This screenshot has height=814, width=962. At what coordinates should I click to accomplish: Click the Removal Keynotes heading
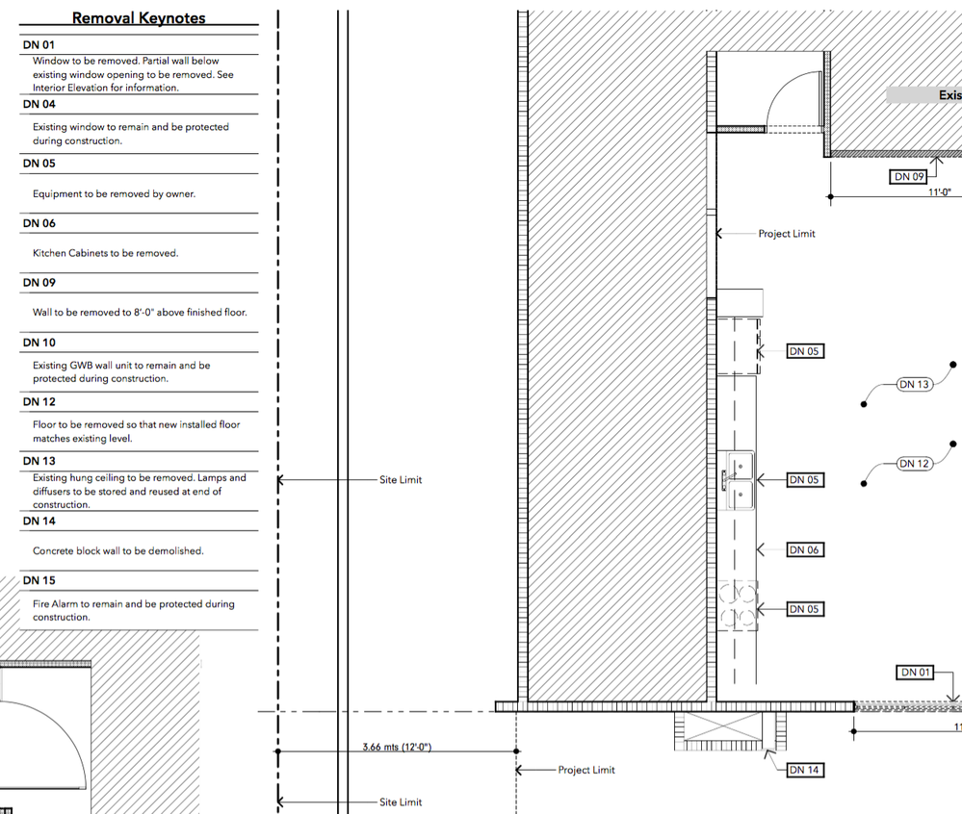pos(139,18)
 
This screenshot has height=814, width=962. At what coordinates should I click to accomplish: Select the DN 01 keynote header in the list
pos(39,44)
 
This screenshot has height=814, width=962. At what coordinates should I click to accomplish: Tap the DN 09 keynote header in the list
pos(39,283)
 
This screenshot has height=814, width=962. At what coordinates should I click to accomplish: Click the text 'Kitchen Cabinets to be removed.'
pos(105,253)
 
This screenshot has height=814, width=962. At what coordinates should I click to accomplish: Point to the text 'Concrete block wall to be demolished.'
pos(117,551)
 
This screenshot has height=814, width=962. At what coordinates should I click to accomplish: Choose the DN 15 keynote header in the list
pos(39,580)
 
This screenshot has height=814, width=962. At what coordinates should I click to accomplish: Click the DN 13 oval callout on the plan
pos(914,385)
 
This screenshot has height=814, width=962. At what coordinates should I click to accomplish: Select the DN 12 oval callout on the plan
pos(914,464)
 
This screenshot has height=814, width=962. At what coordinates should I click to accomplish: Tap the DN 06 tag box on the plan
pos(805,549)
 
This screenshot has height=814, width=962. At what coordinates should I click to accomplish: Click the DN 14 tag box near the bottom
pos(805,770)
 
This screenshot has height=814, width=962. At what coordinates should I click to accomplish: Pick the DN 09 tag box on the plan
pos(908,176)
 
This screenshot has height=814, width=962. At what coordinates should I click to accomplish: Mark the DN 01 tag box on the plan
pos(914,672)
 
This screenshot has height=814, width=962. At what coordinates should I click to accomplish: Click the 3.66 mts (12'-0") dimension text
pos(396,747)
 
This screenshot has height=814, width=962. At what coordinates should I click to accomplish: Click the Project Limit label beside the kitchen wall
pos(786,234)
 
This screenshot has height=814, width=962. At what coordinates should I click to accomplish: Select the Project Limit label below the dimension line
pos(585,770)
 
